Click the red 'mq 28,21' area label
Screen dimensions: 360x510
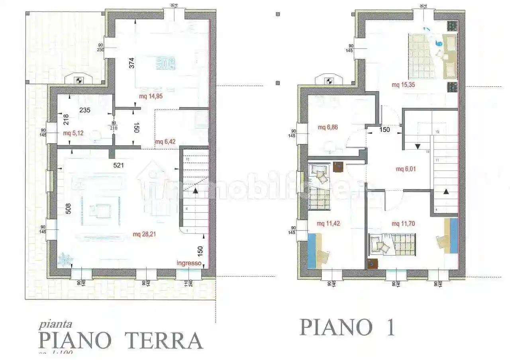(144, 234)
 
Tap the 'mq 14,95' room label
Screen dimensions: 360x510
(151, 96)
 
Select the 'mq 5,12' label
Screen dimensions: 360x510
(73, 133)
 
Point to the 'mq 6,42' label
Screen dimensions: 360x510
(165, 141)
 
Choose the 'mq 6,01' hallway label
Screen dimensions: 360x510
(406, 169)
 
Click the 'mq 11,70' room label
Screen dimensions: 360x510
(404, 224)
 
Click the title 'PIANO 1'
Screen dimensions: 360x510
(347, 327)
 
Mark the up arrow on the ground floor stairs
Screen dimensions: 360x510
(196, 191)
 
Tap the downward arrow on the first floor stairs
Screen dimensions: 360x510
(417, 146)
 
